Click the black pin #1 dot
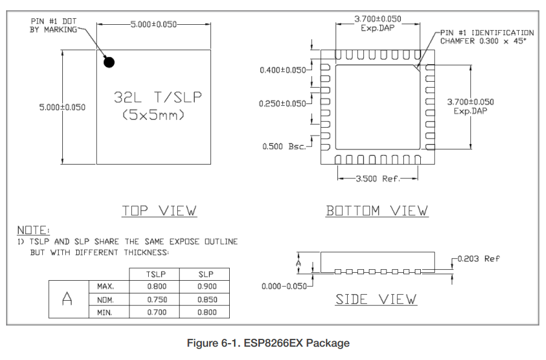109,62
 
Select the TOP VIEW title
159,211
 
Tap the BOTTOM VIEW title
377,211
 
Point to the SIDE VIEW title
376,299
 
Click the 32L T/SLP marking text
158,97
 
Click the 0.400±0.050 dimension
283,70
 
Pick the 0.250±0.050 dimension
283,103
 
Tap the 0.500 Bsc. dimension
284,146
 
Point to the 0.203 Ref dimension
478,258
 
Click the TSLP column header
156,274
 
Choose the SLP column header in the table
206,274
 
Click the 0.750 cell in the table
156,299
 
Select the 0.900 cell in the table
206,286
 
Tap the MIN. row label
105,312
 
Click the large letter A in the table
68,299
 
